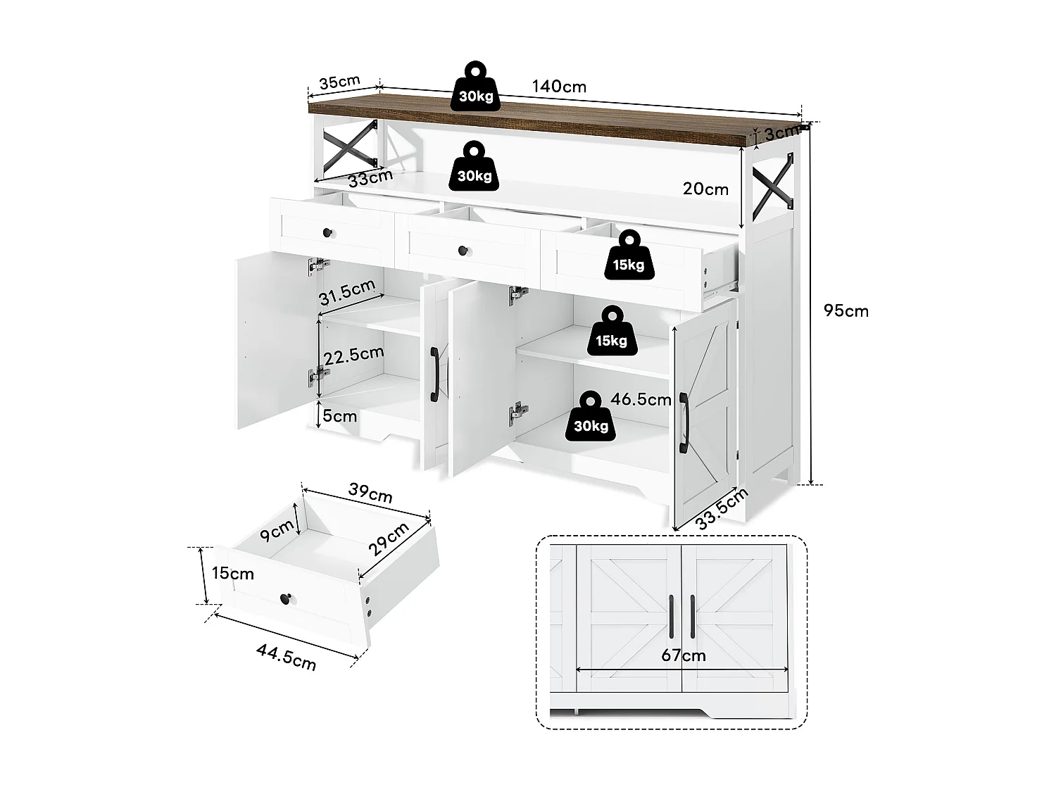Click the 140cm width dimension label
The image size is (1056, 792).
[559, 87]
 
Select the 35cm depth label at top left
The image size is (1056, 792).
[339, 82]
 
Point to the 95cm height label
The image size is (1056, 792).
[846, 310]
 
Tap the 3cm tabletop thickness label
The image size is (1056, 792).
[782, 132]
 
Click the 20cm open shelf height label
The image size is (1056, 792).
[705, 189]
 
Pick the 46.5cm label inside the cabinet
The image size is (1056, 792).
[641, 400]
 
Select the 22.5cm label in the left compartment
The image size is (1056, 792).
[354, 354]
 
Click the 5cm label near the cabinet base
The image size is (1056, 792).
[340, 416]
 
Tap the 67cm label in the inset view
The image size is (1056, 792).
[683, 655]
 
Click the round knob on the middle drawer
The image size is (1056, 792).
[463, 250]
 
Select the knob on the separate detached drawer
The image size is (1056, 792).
[287, 598]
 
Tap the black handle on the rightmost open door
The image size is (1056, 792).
[684, 422]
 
